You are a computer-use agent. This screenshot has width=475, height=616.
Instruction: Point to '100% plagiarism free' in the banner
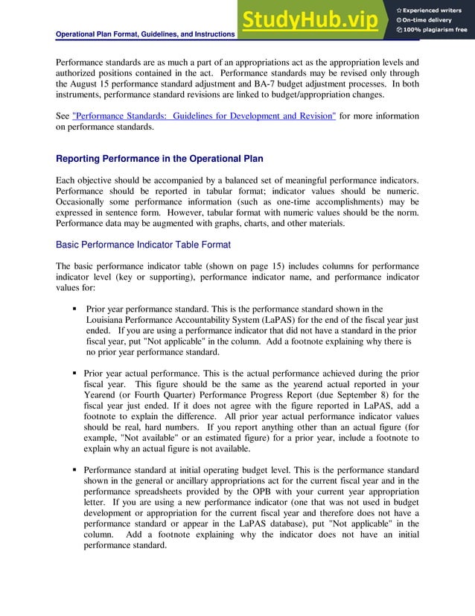pyautogui.click(x=436, y=30)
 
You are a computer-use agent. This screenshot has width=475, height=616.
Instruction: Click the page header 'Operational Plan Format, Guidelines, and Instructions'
pyautogui.click(x=146, y=34)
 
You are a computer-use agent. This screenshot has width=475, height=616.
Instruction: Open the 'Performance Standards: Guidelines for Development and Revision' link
pyautogui.click(x=204, y=116)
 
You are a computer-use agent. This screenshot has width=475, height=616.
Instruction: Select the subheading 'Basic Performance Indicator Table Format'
pyautogui.click(x=143, y=245)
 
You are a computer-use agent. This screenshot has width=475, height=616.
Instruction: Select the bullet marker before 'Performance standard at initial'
pyautogui.click(x=75, y=471)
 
